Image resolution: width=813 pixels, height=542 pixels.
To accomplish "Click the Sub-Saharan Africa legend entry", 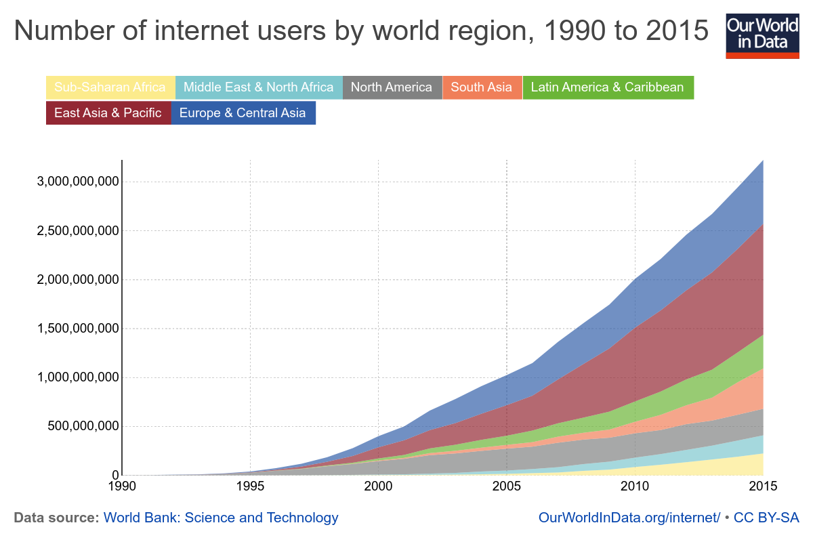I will tap(110, 87).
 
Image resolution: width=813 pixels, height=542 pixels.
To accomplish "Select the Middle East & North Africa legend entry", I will tap(258, 87).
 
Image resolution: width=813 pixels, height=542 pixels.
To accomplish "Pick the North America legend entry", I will tap(391, 87).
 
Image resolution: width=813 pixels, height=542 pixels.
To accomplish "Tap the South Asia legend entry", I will tap(481, 87).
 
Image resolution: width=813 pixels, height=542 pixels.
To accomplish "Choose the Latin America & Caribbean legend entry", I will tap(607, 87).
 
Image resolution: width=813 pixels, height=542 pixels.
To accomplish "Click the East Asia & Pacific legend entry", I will tap(108, 112).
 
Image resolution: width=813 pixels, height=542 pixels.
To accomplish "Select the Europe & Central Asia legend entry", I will tap(243, 112).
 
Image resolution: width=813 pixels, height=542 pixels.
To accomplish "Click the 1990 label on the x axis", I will tap(123, 486).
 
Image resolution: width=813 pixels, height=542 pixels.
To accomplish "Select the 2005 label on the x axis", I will tap(507, 486).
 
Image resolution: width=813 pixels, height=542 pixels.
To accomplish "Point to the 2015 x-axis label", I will tap(763, 486).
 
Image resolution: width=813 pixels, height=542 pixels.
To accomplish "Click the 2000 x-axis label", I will tap(379, 486).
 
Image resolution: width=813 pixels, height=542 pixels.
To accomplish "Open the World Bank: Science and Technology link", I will tap(221, 518).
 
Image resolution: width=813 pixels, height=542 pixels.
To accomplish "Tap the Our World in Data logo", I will tap(762, 35).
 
